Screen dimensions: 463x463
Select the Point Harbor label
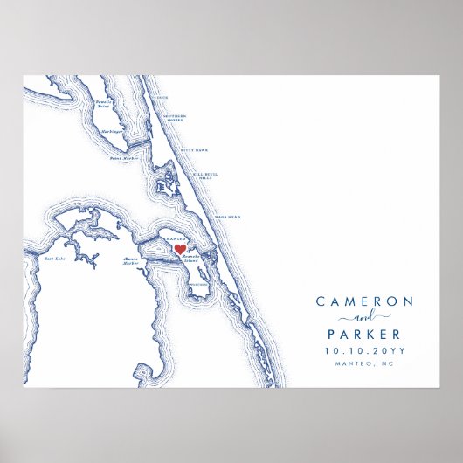click(122, 158)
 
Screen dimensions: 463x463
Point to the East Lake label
click(55, 259)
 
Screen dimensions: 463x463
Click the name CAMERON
click(364, 301)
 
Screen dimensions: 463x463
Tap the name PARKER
click(364, 334)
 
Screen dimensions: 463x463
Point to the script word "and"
click(364, 317)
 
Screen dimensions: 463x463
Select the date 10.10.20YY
click(364, 350)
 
